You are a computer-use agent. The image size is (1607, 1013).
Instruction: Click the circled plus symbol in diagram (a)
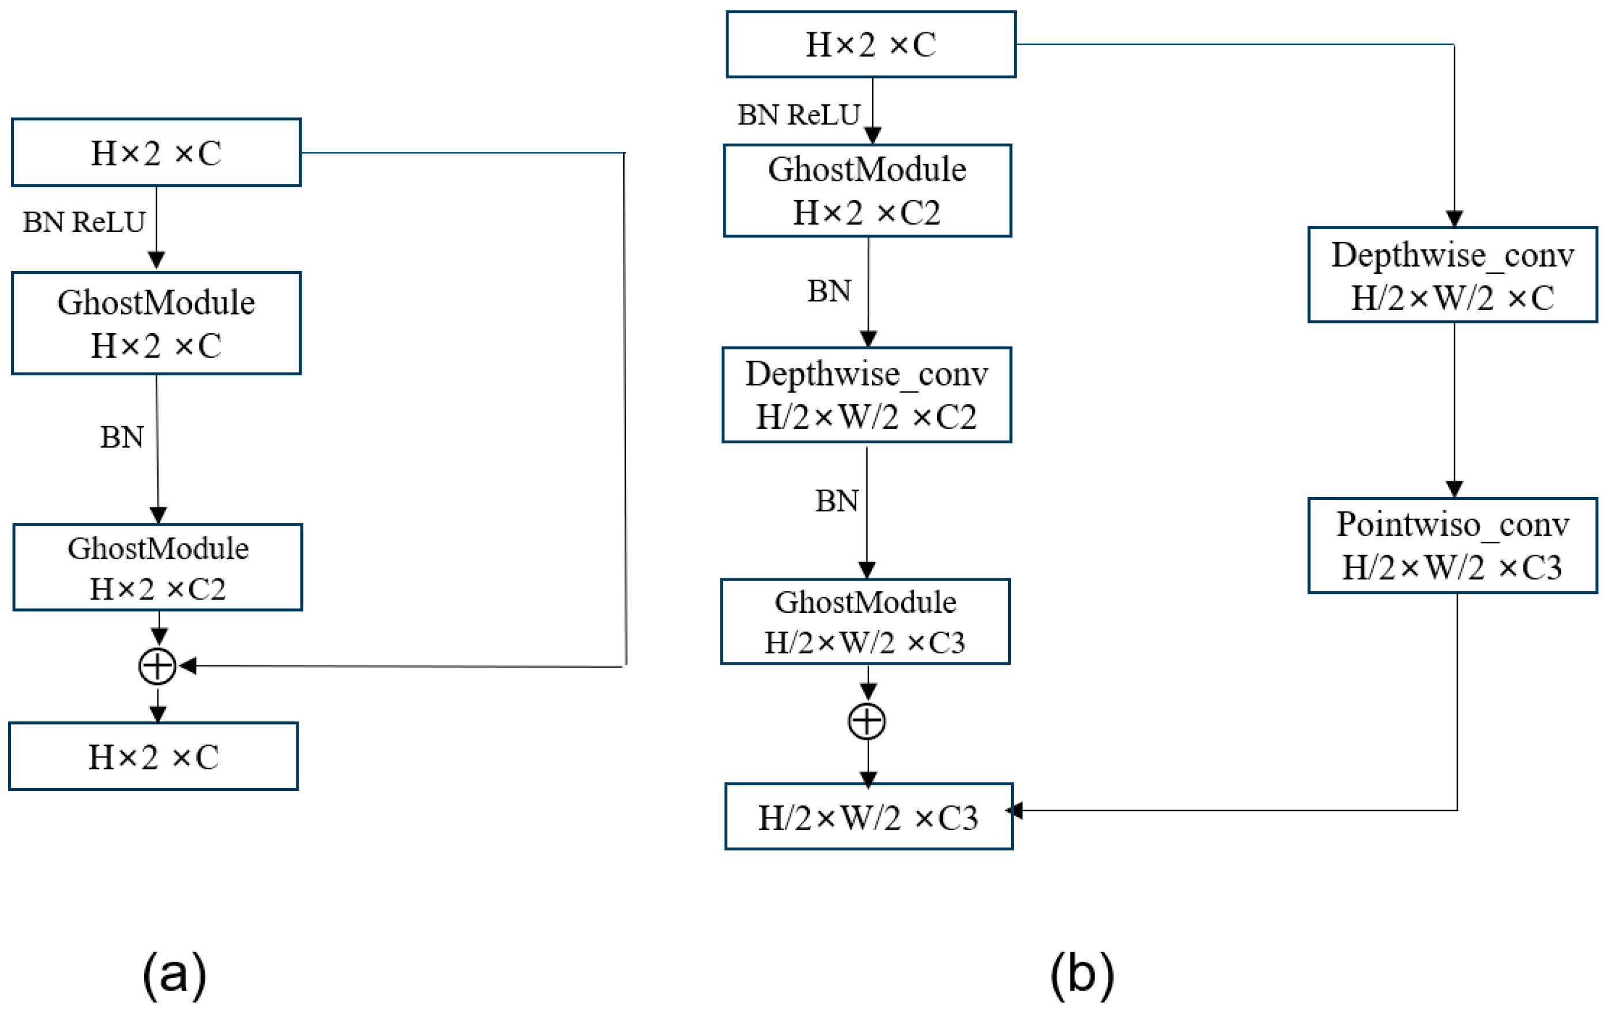pyautogui.click(x=157, y=666)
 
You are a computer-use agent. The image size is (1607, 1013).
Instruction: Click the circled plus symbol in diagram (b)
pyautogui.click(x=866, y=721)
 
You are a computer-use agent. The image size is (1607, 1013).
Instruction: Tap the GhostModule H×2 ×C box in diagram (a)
pyautogui.click(x=156, y=323)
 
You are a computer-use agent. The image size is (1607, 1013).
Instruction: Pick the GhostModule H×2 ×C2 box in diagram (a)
pyautogui.click(x=157, y=567)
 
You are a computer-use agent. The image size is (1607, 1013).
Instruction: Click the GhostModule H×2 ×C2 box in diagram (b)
pyautogui.click(x=867, y=190)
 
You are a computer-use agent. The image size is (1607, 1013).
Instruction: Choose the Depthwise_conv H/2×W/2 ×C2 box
pyautogui.click(x=866, y=394)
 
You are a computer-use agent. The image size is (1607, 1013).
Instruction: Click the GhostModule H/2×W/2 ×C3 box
pyautogui.click(x=865, y=622)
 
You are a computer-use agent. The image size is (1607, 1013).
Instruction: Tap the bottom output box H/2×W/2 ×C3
pyautogui.click(x=868, y=816)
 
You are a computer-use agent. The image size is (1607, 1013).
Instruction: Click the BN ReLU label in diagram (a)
pyautogui.click(x=84, y=222)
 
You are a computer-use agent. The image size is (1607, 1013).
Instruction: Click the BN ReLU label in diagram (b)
pyautogui.click(x=798, y=115)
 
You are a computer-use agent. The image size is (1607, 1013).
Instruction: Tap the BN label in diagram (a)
pyautogui.click(x=122, y=438)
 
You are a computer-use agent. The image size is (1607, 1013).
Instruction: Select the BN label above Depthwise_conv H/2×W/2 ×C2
pyautogui.click(x=829, y=291)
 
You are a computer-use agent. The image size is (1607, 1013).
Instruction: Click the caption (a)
pyautogui.click(x=174, y=974)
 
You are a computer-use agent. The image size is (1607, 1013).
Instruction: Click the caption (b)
pyautogui.click(x=1082, y=974)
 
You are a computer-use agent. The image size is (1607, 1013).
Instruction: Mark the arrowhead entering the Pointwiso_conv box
pyautogui.click(x=1454, y=489)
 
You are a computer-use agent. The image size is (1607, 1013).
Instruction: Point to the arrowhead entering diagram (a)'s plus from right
pyautogui.click(x=187, y=665)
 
